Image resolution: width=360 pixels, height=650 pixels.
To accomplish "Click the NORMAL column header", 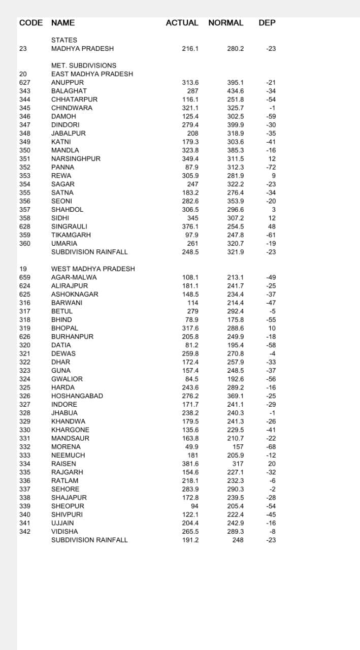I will (x=225, y=23).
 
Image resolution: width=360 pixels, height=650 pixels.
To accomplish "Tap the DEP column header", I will (x=267, y=23).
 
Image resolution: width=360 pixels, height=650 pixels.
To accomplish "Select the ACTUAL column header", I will (x=182, y=23).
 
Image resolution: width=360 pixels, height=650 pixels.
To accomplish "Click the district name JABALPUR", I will (x=69, y=133).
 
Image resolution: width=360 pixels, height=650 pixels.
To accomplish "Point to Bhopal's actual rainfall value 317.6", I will (x=190, y=328).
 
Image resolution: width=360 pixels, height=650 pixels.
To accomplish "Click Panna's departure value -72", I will (x=271, y=167).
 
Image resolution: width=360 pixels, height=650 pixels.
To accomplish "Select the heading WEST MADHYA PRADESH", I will (x=93, y=269).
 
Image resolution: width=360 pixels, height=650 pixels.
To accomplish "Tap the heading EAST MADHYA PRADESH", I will (x=92, y=74).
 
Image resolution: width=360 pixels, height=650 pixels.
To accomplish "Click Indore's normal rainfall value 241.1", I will (x=235, y=404).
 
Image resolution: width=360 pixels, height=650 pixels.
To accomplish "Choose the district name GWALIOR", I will (x=67, y=379).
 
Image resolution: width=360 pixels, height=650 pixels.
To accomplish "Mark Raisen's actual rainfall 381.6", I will (x=190, y=464).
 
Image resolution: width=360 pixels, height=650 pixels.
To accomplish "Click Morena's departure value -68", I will (x=271, y=447).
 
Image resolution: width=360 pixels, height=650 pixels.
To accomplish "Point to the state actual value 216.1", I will (x=190, y=49).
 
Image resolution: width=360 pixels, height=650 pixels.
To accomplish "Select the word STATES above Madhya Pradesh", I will (x=64, y=40).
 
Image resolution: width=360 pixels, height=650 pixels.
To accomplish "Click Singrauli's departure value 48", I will (x=272, y=226).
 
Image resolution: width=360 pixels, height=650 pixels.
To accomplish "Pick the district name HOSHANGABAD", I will (x=77, y=396).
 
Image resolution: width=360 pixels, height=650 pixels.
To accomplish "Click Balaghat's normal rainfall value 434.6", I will (x=235, y=91).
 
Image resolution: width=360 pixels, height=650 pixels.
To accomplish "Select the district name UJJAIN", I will (x=62, y=523).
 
